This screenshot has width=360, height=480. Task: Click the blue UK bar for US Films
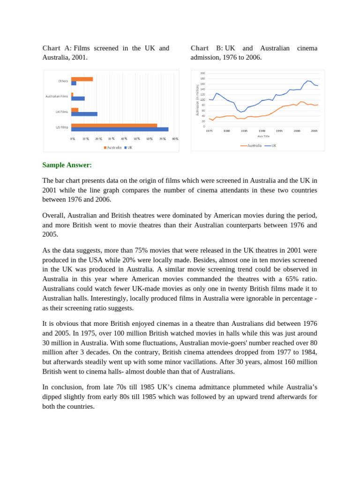(x=120, y=129)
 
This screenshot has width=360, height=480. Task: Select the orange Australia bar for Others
(x=82, y=79)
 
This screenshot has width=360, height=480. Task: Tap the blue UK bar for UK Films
(x=84, y=114)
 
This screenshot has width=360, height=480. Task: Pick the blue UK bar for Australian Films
(x=78, y=98)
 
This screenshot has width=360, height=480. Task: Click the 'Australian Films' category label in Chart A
(x=57, y=97)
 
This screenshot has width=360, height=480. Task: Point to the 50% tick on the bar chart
(x=137, y=139)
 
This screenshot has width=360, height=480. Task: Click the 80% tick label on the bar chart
(x=175, y=139)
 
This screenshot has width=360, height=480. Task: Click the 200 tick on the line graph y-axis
(x=202, y=74)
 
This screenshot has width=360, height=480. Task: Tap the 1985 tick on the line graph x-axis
(x=244, y=131)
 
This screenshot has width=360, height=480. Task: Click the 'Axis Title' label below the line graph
(x=263, y=136)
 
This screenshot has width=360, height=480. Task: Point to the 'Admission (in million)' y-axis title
(x=198, y=100)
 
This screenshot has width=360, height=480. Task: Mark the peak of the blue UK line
(x=308, y=81)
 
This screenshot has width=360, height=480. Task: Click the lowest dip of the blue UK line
(x=241, y=112)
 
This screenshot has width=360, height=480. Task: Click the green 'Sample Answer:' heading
(x=67, y=165)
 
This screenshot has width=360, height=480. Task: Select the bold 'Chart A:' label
(x=57, y=48)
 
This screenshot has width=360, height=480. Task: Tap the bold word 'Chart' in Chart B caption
(x=199, y=48)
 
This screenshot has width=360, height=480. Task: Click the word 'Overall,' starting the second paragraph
(x=55, y=216)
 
